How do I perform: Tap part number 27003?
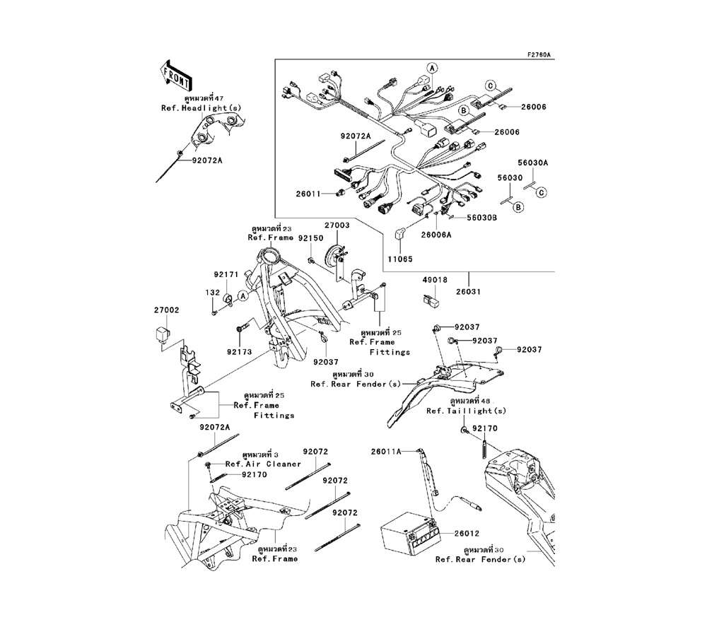click(337, 225)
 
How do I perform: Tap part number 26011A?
click(387, 450)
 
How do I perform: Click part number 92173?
click(239, 351)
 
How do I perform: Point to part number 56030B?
click(481, 218)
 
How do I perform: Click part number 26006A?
click(436, 235)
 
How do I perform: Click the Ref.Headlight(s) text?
click(201, 107)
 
